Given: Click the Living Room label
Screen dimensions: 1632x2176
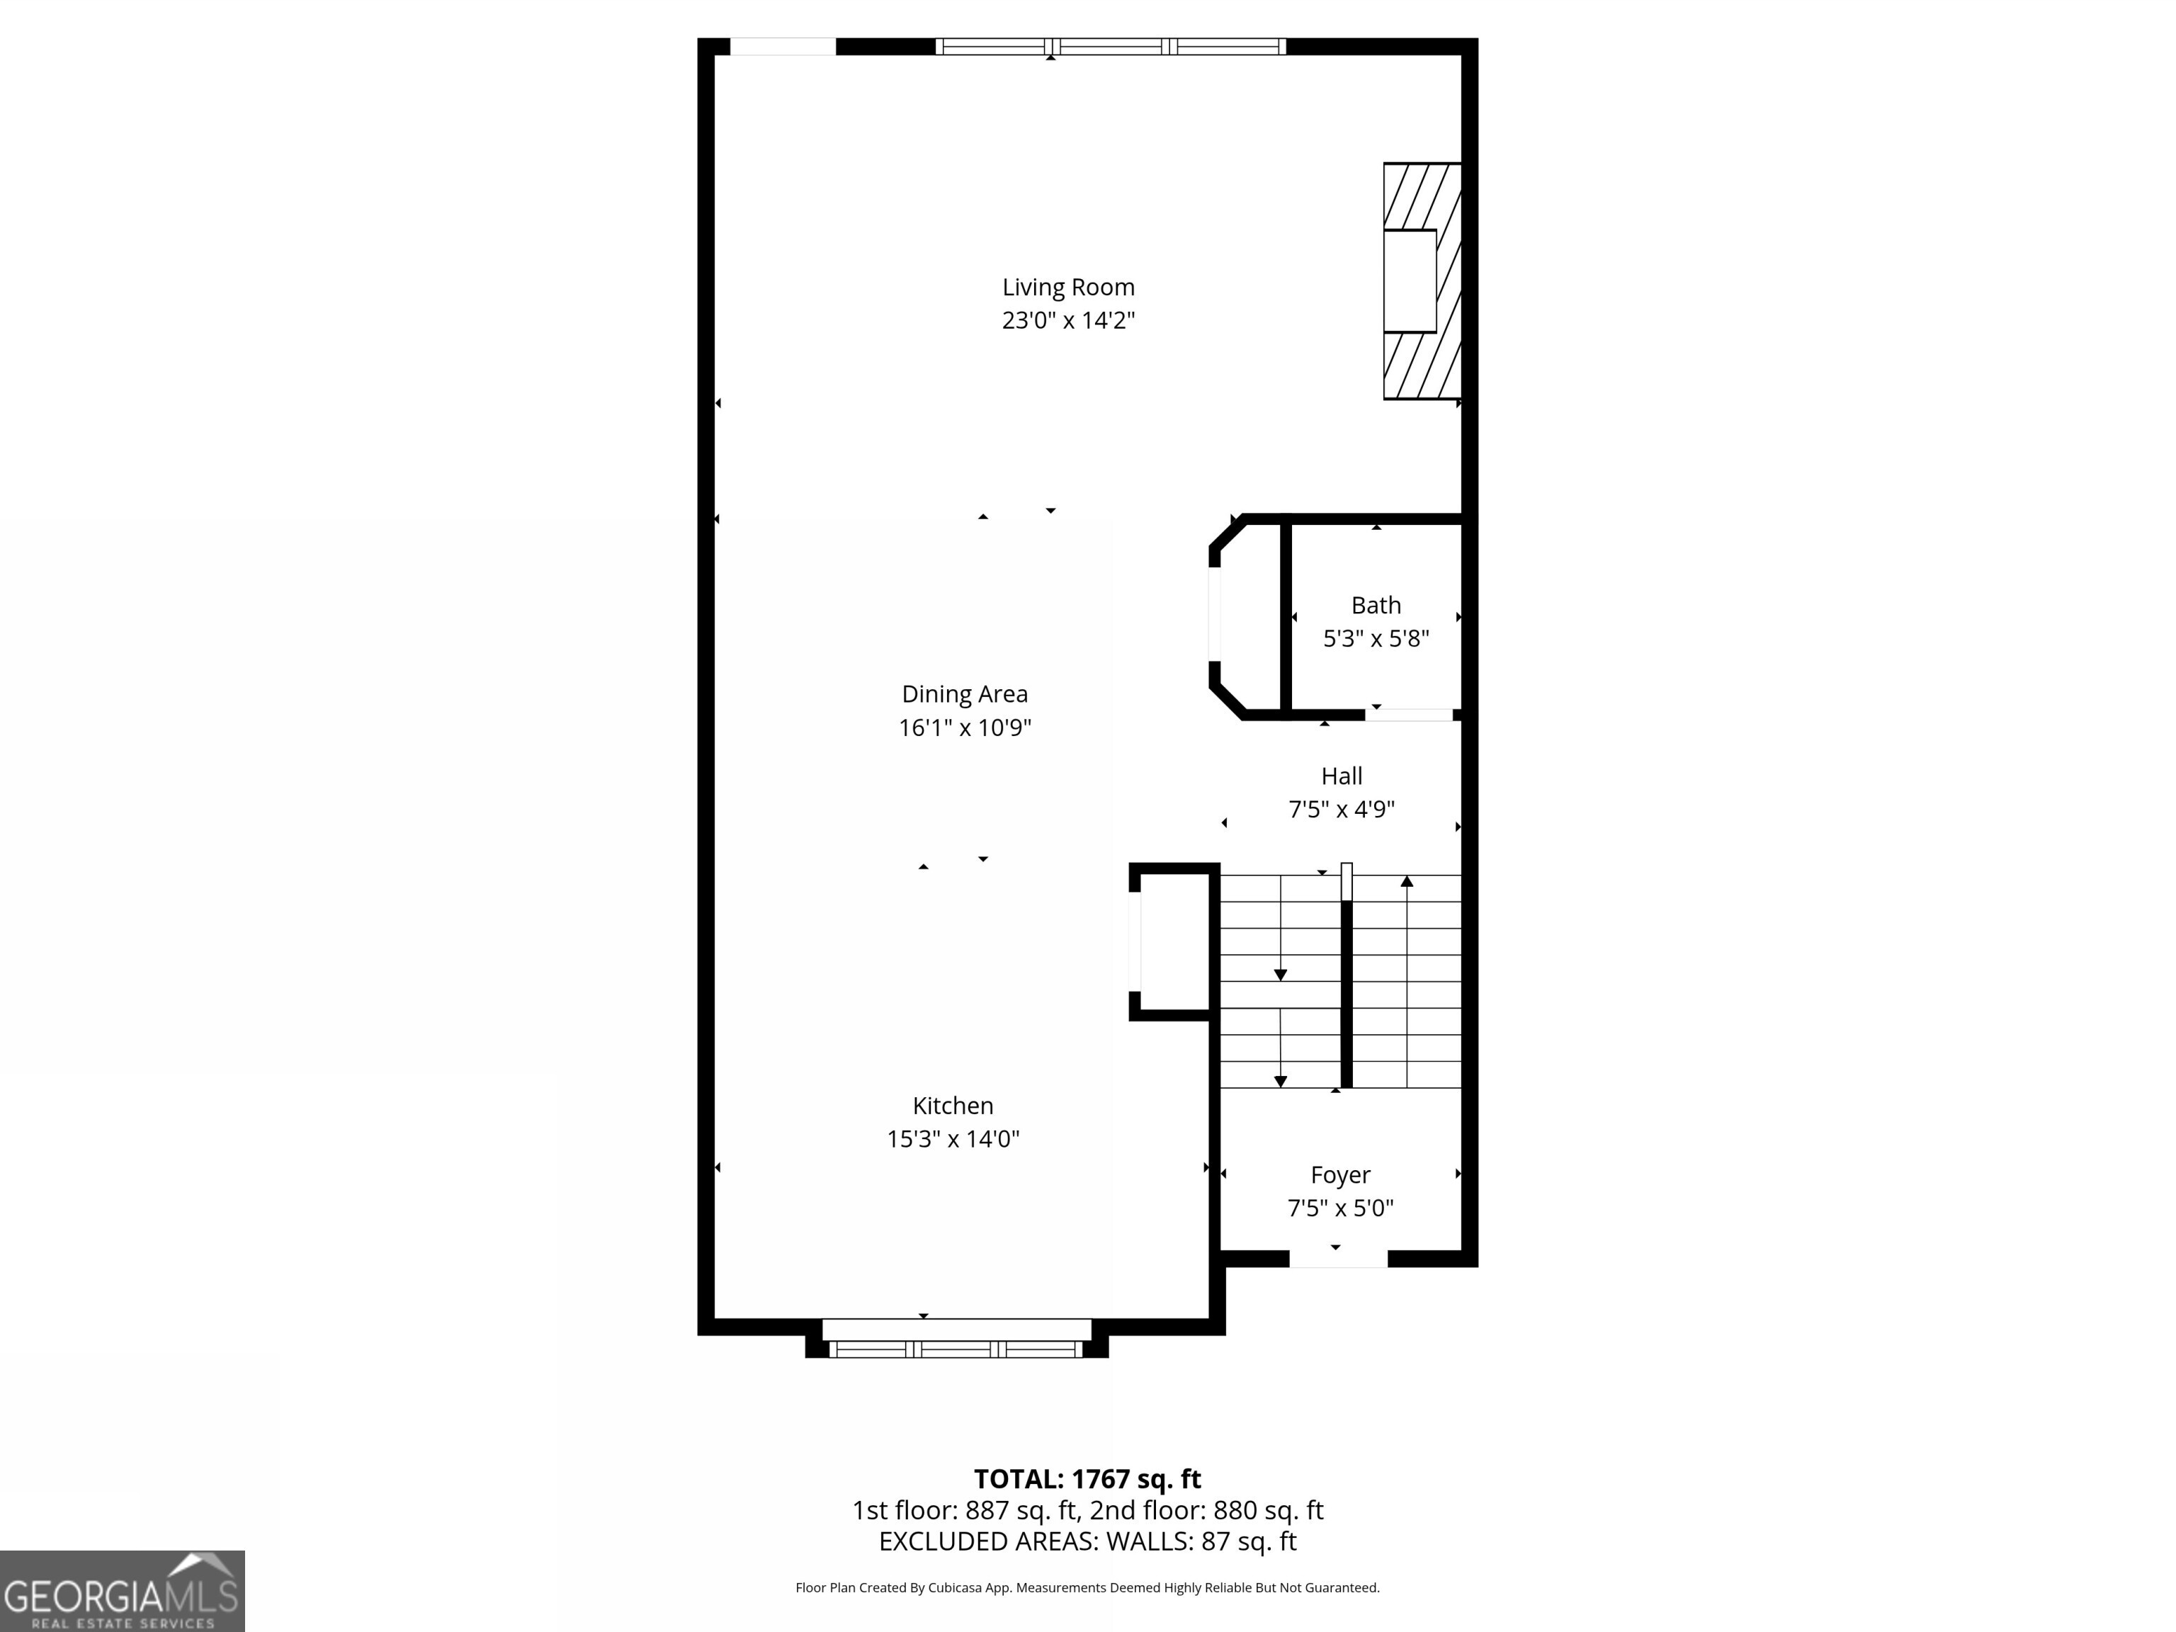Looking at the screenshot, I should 1068,288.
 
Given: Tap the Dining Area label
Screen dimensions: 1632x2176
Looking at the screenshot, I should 964,694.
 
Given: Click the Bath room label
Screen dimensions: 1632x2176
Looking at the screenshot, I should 1376,605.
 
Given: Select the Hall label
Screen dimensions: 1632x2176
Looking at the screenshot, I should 1341,776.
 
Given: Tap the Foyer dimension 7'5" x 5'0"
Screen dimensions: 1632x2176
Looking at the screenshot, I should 1340,1208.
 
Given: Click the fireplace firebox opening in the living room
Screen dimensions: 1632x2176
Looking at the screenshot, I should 1409,281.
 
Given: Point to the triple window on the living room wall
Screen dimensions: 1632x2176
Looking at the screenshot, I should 1110,46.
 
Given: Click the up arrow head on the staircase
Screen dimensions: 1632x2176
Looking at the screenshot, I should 1407,881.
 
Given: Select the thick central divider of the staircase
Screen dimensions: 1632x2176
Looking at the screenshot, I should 1346,994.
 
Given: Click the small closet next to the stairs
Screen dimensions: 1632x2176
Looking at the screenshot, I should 1172,941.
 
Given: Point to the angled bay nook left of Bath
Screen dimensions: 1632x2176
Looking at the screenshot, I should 1245,618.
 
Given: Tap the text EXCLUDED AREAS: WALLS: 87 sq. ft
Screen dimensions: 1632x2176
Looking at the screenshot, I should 1087,1541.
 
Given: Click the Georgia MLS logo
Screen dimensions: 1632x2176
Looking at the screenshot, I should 122,1591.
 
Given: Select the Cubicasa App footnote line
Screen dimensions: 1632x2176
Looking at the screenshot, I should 1087,1588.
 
